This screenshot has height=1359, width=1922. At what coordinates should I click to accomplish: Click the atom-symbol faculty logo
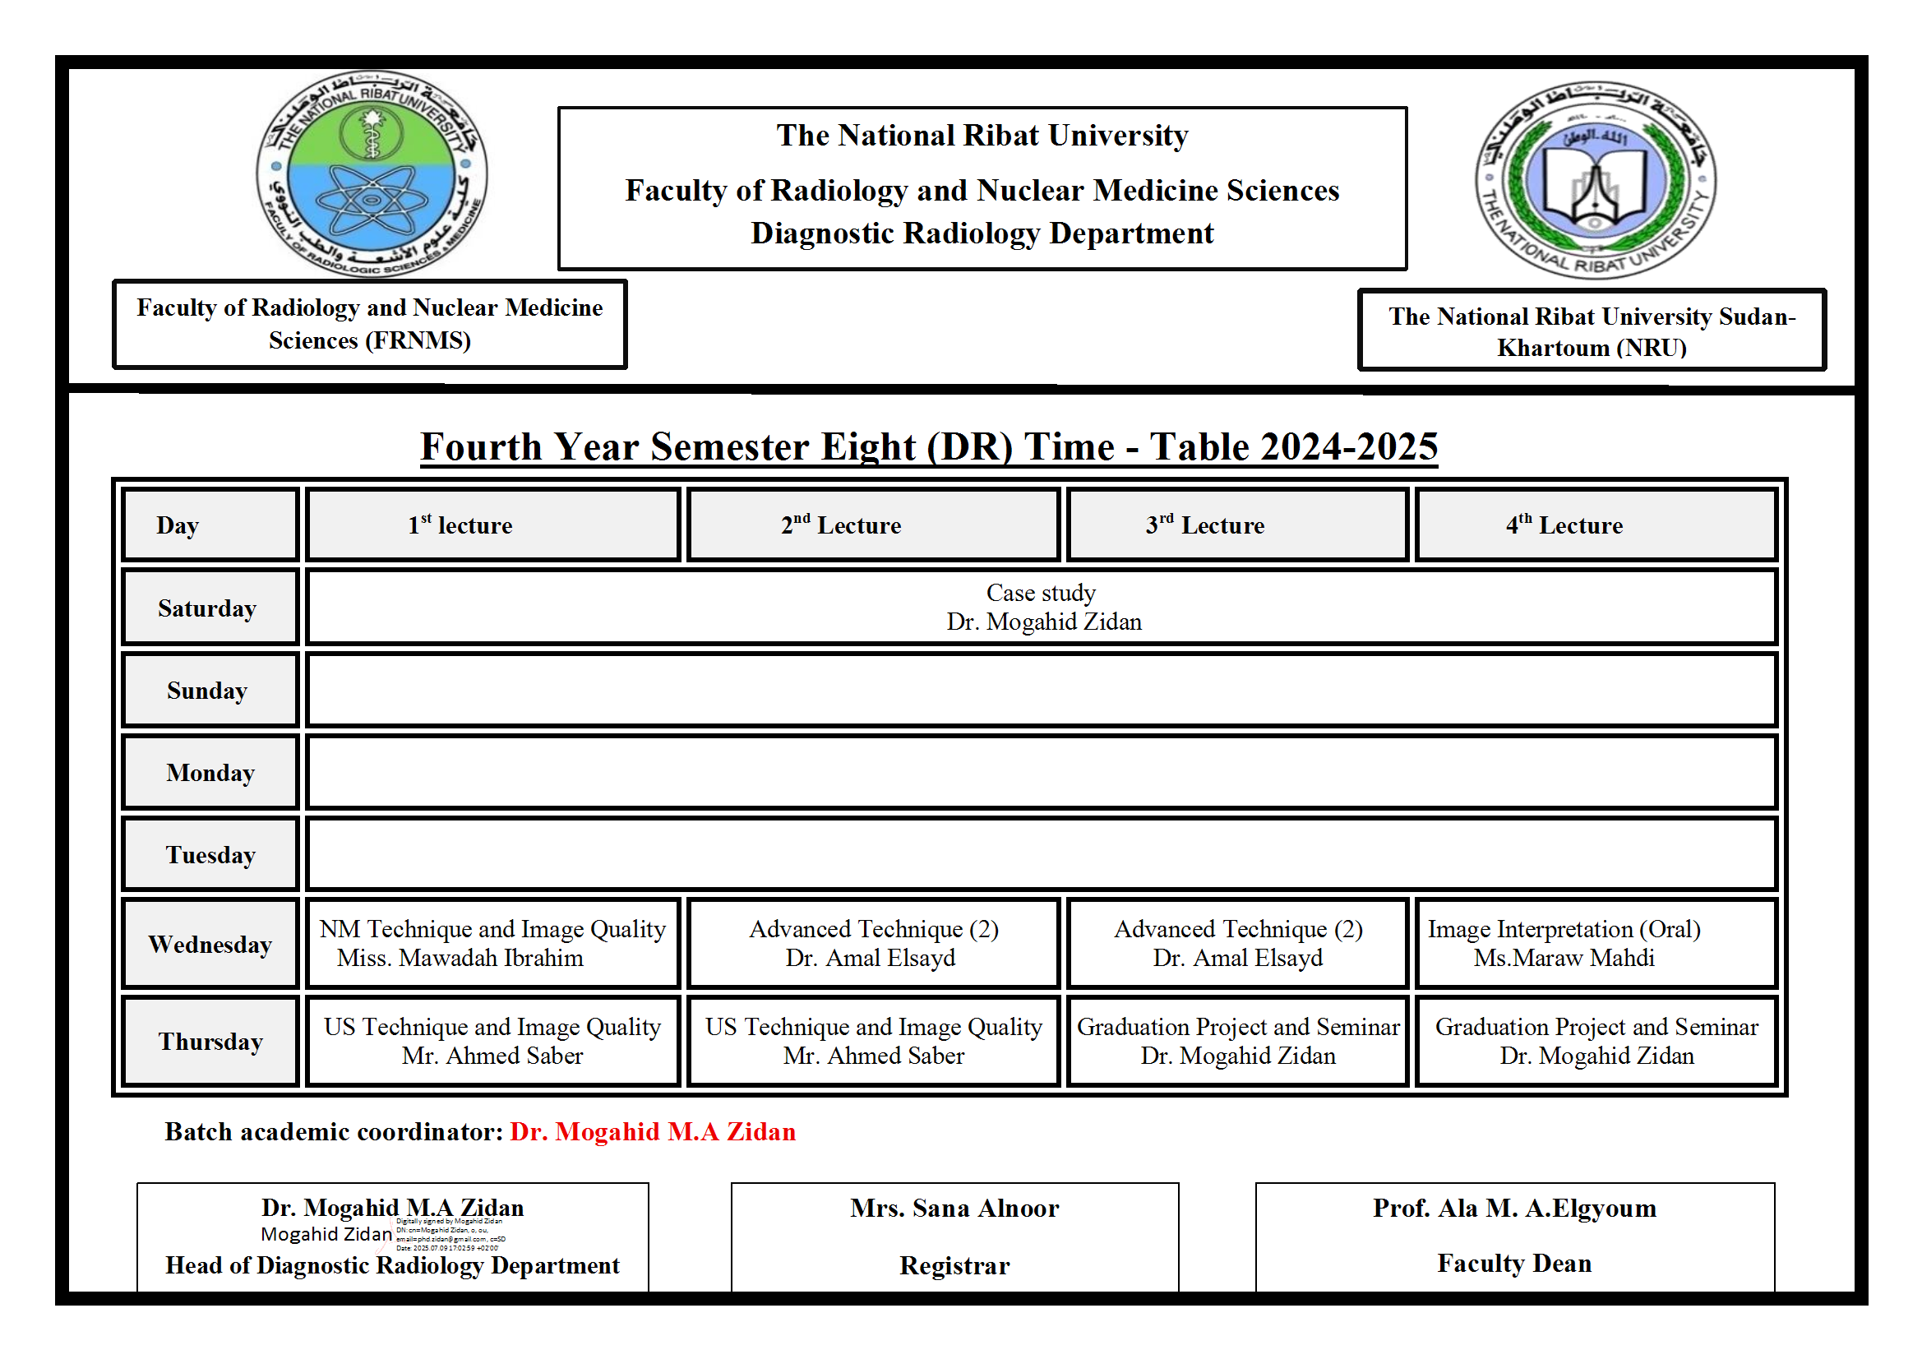point(372,173)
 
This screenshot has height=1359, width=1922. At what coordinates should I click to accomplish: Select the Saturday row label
point(208,608)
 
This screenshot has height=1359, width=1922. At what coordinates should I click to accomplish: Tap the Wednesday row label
point(210,944)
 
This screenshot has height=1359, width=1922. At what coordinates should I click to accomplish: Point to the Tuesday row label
point(210,854)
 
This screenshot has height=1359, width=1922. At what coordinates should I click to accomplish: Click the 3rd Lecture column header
point(1204,525)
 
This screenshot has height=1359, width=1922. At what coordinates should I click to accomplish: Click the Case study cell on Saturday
point(1042,607)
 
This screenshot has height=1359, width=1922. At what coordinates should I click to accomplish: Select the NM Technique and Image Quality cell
point(492,943)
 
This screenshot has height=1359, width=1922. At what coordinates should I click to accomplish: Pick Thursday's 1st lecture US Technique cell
point(492,1041)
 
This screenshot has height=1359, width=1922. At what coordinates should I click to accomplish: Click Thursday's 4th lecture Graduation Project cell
point(1596,1041)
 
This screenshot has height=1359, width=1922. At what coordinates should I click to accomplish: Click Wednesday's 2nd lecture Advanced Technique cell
point(873,943)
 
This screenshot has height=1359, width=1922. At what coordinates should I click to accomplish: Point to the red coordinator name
point(653,1131)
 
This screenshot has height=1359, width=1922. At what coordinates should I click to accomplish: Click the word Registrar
point(954,1265)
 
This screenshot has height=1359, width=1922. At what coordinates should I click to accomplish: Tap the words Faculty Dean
point(1514,1263)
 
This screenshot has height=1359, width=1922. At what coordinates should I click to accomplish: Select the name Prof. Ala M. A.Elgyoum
point(1514,1208)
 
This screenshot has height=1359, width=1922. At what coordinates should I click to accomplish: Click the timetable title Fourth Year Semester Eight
point(929,446)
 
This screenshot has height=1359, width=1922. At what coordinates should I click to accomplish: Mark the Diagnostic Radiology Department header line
point(982,233)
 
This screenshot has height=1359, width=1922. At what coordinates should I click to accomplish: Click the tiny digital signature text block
point(450,1234)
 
